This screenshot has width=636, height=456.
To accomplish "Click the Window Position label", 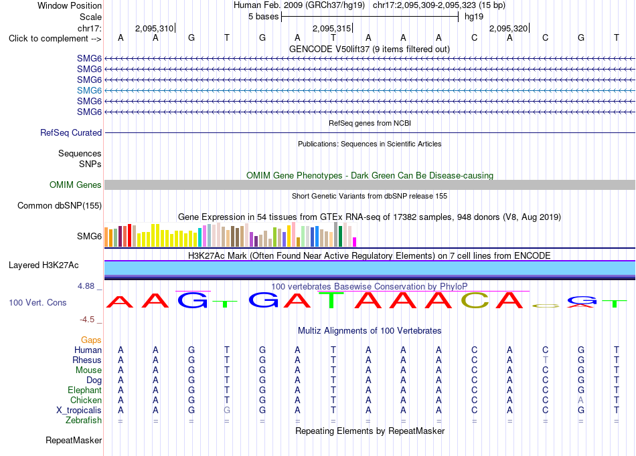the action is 70,5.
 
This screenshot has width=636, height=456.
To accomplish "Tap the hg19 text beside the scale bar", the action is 474,17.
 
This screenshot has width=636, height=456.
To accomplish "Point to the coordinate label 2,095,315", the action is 331,28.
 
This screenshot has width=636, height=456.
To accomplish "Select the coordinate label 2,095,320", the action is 508,28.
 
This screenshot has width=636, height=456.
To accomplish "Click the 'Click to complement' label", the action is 55,39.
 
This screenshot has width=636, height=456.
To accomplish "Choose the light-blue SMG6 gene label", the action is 89,90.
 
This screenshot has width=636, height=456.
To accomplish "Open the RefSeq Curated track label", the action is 71,132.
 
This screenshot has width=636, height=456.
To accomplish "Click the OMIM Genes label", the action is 75,185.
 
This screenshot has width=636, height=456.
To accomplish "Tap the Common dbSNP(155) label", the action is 59,205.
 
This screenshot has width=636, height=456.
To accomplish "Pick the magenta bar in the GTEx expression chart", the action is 354,242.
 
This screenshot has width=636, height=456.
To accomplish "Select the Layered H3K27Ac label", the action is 44,265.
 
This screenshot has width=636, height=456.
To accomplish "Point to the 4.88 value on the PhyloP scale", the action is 86,286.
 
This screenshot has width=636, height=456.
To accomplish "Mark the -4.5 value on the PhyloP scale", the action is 87,320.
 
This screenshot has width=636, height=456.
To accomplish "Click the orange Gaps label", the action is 91,340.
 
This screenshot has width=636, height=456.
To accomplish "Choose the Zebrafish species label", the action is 84,420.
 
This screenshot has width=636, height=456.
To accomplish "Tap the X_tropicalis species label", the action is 79,410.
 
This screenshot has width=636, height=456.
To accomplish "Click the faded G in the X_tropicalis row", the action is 227,410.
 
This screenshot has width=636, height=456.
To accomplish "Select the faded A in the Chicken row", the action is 581,400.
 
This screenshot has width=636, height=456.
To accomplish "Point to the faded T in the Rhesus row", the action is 545,360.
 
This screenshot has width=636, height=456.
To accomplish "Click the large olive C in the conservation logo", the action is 475,300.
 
